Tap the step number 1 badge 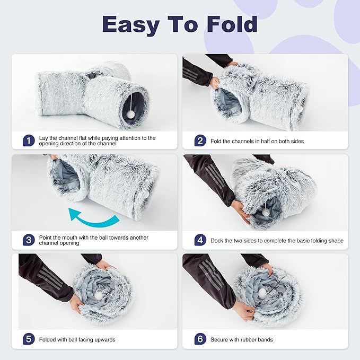click(x=29, y=141)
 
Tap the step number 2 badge click(x=200, y=141)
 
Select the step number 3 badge click(x=29, y=240)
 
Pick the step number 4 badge click(x=200, y=240)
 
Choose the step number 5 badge click(x=29, y=339)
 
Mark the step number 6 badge click(x=200, y=339)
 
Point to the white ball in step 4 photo click(x=265, y=212)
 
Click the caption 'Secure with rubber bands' click(x=242, y=339)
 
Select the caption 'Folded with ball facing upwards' click(x=77, y=339)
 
